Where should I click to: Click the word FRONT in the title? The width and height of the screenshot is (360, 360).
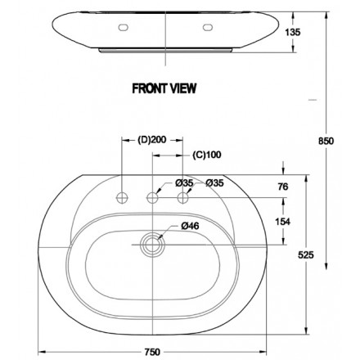[x=151, y=88]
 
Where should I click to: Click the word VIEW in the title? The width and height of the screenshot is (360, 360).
[x=184, y=88]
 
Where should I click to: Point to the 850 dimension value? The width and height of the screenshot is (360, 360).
[x=325, y=141]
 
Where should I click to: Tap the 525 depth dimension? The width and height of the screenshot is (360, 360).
[x=306, y=255]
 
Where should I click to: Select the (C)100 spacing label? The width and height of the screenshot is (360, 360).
[x=207, y=154]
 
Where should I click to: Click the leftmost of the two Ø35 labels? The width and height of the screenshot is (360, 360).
[x=183, y=182]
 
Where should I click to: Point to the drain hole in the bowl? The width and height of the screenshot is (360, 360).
[x=152, y=242]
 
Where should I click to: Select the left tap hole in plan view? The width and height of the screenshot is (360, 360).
[x=123, y=197]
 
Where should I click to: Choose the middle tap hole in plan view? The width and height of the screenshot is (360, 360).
[x=152, y=197]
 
